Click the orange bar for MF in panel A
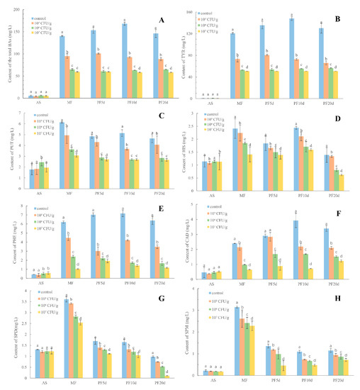67,77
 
